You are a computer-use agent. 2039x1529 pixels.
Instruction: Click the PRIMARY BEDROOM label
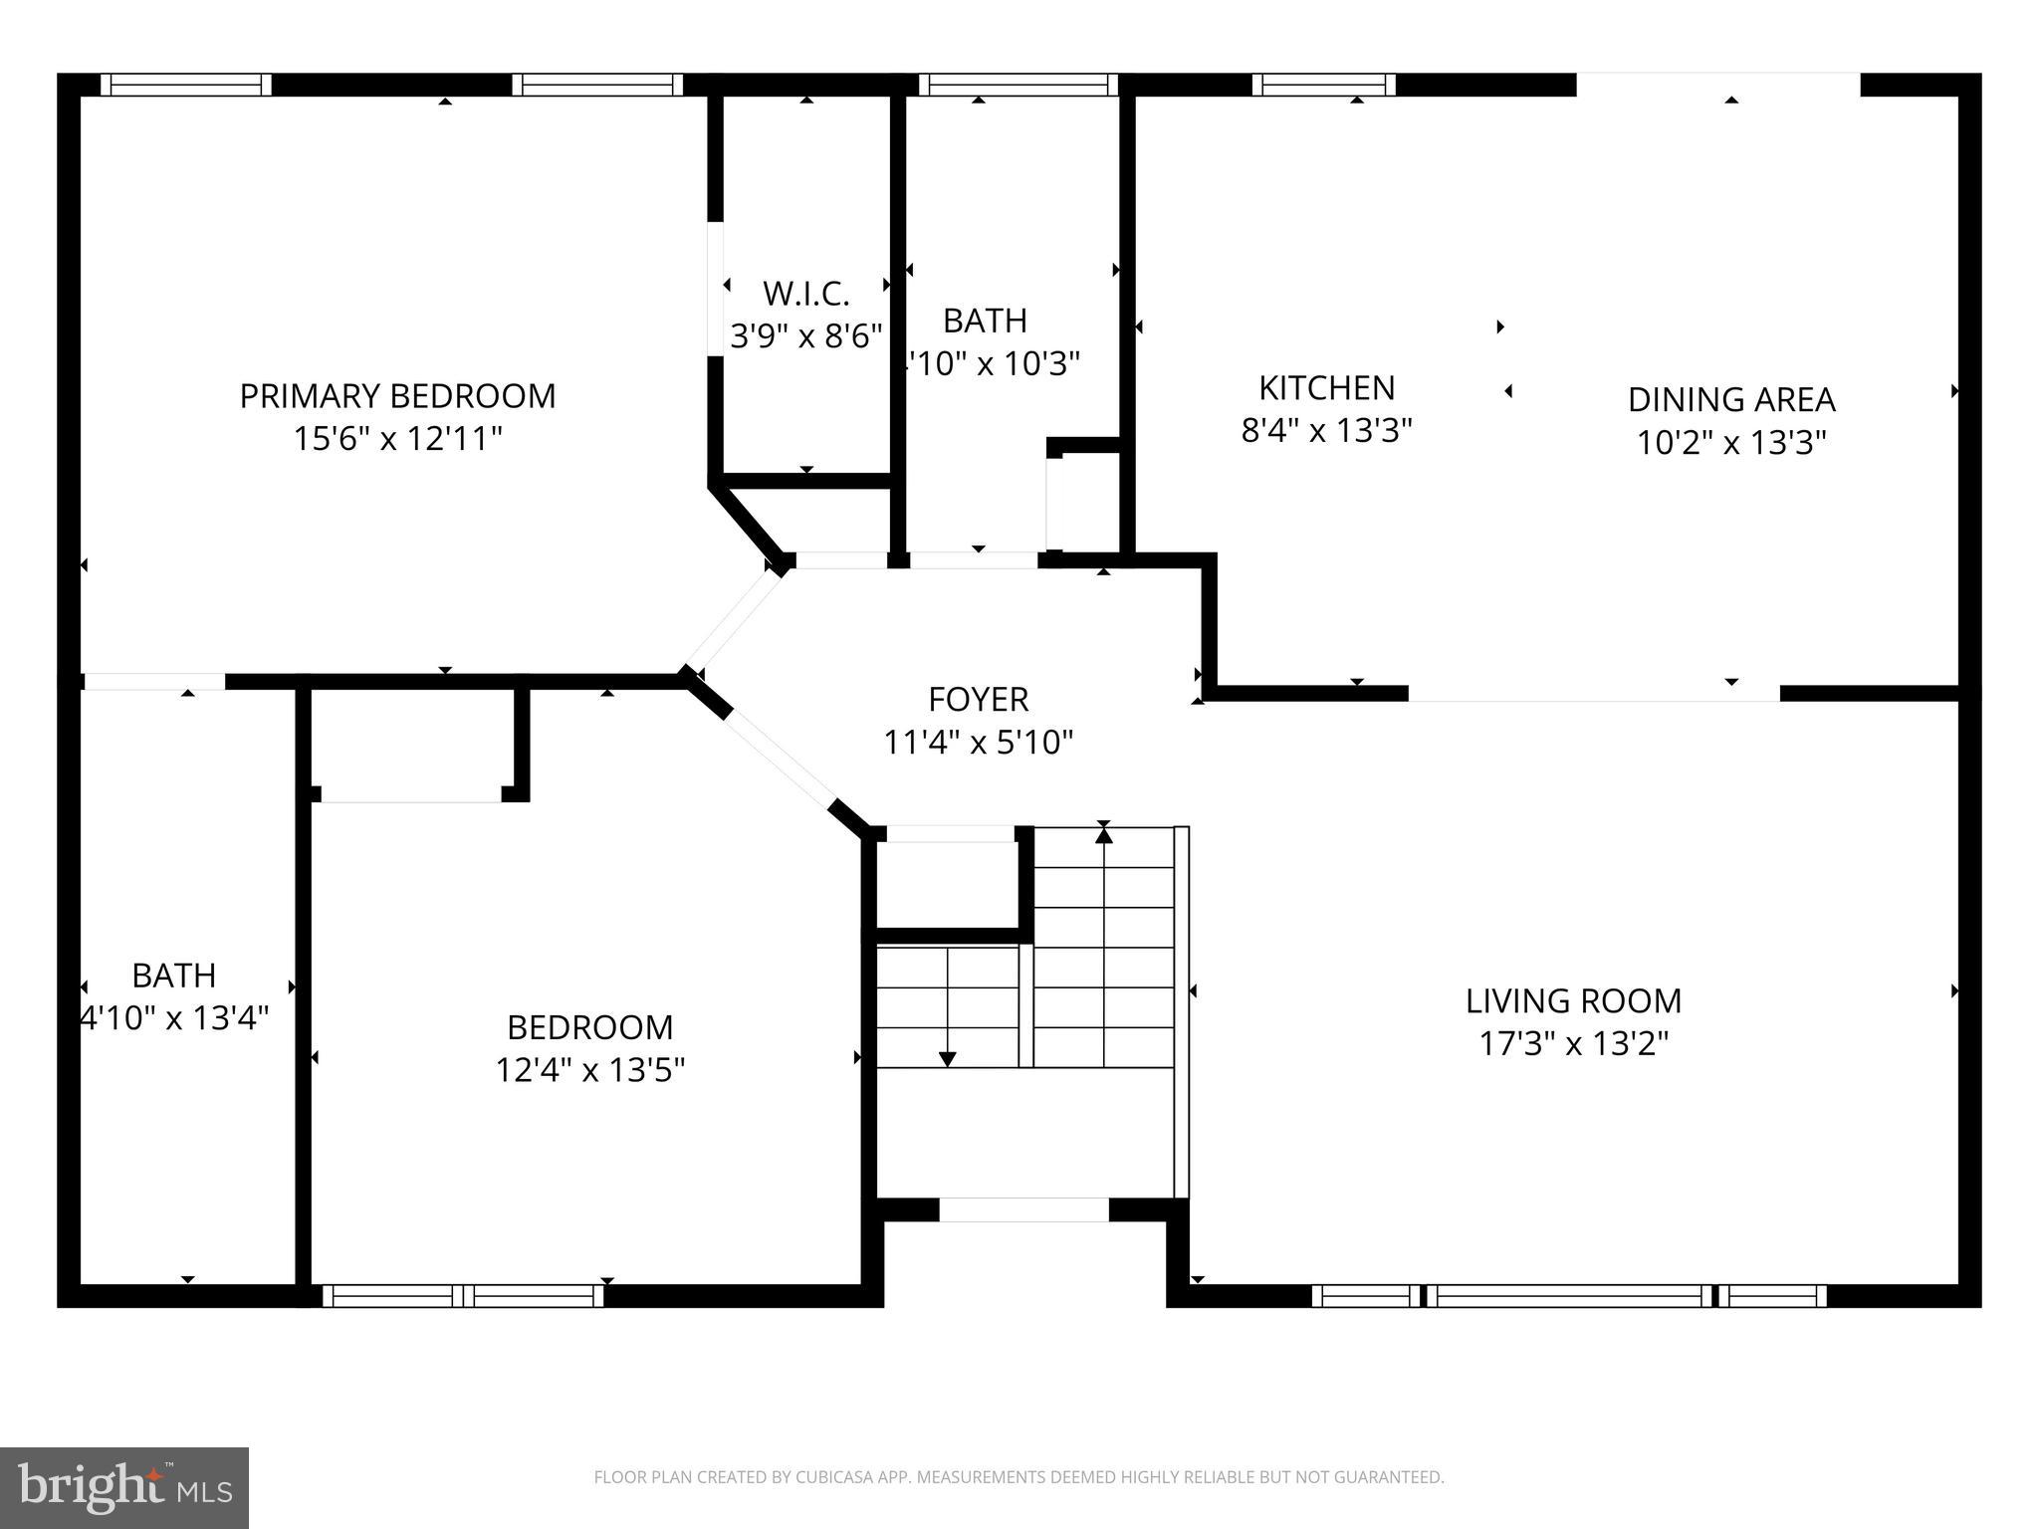397,396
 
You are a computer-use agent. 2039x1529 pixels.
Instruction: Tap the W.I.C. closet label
805,294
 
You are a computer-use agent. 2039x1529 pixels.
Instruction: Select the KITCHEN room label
1326,387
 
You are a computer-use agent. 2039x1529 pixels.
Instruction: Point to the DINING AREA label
1730,399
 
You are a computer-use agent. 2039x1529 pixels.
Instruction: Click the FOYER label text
978,699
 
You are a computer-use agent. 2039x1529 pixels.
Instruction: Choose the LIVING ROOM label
1573,1000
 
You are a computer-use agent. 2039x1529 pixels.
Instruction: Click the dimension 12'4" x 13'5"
590,1070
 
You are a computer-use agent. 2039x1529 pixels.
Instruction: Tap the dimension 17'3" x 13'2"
1573,1043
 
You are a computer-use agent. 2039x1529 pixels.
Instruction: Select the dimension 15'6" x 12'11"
397,438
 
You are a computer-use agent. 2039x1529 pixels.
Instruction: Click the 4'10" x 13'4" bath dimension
175,1018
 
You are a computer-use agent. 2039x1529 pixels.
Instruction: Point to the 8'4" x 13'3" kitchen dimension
1326,430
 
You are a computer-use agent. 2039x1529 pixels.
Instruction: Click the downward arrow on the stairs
948,1057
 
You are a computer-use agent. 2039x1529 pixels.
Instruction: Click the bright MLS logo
123,1487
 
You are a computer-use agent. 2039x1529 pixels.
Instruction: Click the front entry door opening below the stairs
1023,1209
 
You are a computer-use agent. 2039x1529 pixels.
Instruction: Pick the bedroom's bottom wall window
463,1295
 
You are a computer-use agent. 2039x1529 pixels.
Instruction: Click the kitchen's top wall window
1323,85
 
